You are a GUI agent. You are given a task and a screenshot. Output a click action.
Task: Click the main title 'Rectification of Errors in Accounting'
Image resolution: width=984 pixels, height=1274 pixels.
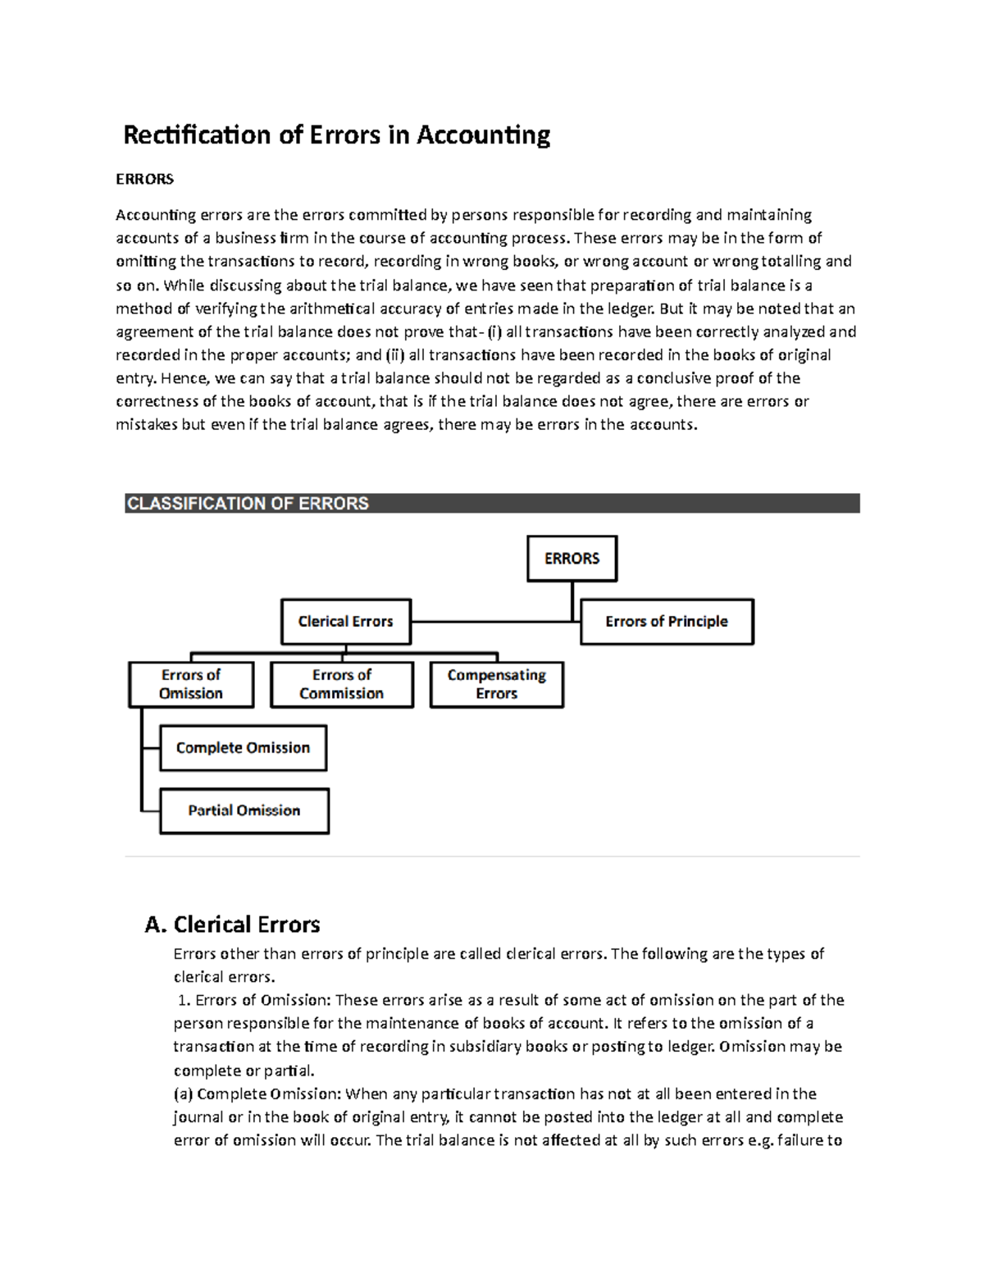point(336,135)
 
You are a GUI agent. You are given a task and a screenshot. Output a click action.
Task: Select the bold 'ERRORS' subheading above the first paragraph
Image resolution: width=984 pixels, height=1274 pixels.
point(144,179)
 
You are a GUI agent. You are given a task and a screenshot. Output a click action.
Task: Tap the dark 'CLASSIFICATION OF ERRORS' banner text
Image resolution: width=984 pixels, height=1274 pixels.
point(248,504)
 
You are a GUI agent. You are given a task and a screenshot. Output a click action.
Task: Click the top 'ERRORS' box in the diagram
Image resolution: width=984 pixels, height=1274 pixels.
point(572,559)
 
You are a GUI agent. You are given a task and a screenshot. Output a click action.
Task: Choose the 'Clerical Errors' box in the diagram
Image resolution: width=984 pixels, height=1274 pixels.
point(345,622)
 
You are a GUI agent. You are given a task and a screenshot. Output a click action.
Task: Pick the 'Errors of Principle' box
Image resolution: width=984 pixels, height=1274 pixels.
point(666,622)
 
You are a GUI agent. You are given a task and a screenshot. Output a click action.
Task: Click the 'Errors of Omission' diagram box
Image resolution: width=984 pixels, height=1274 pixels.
point(190,684)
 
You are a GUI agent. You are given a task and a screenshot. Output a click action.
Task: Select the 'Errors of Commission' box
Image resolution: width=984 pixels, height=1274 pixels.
point(341,684)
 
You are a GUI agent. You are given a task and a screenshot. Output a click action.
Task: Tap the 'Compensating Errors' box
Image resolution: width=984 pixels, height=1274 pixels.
point(496,684)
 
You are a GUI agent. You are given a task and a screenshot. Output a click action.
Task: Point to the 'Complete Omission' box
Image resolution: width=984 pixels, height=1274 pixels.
point(243,748)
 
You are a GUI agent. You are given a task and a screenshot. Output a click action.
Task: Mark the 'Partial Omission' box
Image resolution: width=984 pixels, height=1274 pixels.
point(244,811)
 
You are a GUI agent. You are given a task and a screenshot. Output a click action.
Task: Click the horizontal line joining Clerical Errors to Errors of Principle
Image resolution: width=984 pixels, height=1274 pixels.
point(492,622)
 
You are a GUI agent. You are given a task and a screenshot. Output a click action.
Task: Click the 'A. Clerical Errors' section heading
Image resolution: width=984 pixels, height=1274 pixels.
point(232,925)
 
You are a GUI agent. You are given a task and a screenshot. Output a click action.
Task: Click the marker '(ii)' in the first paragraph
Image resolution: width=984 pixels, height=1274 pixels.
point(395,355)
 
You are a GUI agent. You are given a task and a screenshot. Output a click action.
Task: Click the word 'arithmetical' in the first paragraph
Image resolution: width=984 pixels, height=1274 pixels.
point(312,308)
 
